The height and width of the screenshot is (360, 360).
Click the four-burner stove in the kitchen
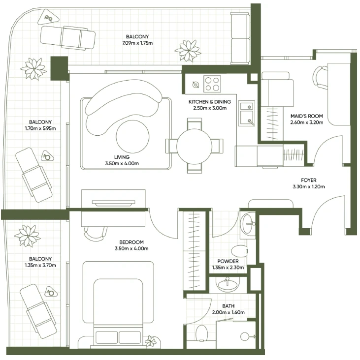click(x=212, y=84)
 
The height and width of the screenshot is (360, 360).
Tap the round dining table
click(x=194, y=146)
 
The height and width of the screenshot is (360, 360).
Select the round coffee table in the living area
click(x=132, y=136)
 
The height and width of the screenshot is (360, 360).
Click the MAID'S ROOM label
click(x=307, y=116)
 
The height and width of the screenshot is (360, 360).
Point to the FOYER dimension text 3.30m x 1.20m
click(x=308, y=187)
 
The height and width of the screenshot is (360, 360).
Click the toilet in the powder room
click(x=239, y=251)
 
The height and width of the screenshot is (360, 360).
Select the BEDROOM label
click(x=131, y=242)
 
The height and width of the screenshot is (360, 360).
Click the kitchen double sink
click(x=246, y=113)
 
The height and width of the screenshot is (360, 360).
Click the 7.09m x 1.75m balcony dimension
click(x=137, y=43)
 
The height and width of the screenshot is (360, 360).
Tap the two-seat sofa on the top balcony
click(x=240, y=38)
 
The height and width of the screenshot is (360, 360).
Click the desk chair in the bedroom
click(x=96, y=233)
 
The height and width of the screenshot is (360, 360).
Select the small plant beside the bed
click(x=151, y=341)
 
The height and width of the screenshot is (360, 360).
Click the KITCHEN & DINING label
click(x=210, y=102)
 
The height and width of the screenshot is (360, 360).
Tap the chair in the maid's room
click(x=320, y=77)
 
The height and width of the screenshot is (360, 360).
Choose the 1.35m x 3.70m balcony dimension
click(x=40, y=265)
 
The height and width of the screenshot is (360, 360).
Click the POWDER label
click(x=228, y=261)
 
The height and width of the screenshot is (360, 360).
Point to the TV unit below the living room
click(x=113, y=208)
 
